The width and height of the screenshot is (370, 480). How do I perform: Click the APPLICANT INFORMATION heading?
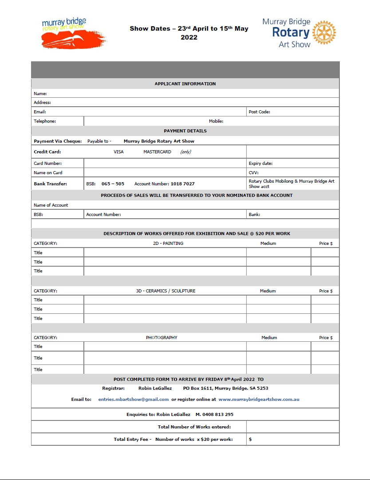click(x=185, y=84)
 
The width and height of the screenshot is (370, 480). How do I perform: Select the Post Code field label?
click(x=260, y=112)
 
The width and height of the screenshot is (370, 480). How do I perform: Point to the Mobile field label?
click(x=216, y=121)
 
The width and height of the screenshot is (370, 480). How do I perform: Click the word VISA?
click(x=118, y=152)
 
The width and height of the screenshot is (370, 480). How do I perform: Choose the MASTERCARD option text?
click(x=157, y=152)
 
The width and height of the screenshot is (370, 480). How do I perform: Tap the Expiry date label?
click(x=260, y=164)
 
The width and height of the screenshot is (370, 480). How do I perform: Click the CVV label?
click(x=253, y=172)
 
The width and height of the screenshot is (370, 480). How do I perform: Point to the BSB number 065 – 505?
click(x=113, y=184)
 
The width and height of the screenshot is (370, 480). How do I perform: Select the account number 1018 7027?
click(x=182, y=184)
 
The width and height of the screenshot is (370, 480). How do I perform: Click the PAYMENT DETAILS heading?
click(x=185, y=131)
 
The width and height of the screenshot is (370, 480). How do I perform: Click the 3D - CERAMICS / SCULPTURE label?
click(x=165, y=291)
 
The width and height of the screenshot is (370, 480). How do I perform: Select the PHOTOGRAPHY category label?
click(x=161, y=338)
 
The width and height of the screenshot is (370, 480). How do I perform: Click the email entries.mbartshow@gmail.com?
click(x=133, y=399)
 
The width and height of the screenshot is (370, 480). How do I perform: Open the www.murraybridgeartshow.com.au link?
click(x=259, y=399)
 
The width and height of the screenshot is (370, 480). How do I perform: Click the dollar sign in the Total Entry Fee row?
click(x=251, y=439)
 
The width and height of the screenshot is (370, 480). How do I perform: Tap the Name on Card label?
click(x=48, y=172)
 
